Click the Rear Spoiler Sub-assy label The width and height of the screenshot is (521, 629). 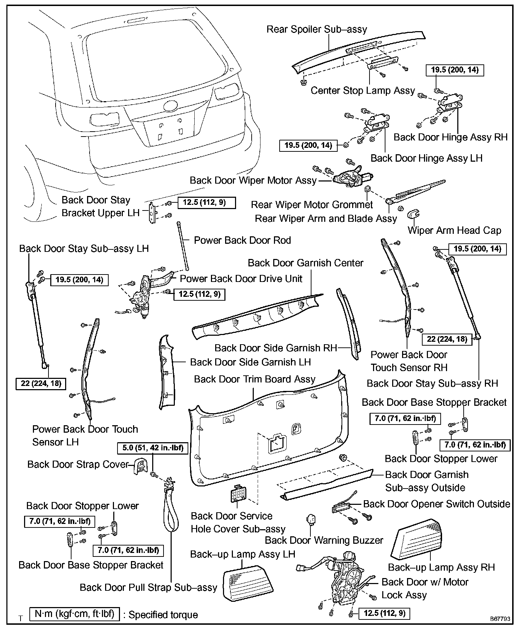pos(317,29)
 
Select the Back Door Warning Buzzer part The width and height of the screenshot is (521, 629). pos(311,520)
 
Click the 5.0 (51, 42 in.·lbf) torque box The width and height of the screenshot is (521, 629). pos(153,448)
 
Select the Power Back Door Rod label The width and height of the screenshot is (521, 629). pos(242,240)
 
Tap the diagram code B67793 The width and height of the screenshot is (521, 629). pos(500,619)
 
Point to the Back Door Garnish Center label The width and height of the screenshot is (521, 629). pos(305,263)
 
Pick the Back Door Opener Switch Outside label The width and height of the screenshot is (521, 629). pos(437,504)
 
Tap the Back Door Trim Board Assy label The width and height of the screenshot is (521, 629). pos(255,379)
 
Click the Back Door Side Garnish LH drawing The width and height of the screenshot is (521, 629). pos(166,371)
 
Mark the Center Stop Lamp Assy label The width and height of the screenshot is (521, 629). pos(363,91)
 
